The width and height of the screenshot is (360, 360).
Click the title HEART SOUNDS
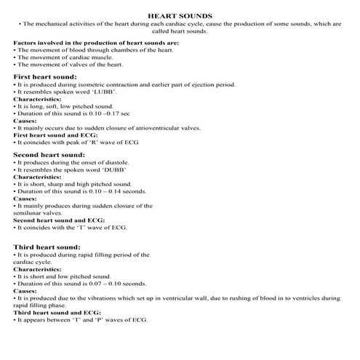coord(180,15)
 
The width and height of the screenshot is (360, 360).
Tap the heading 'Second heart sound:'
coord(47,155)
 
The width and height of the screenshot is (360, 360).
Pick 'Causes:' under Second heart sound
coord(25,199)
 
